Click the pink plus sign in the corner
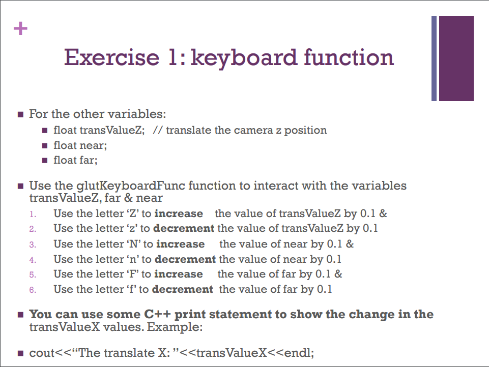(20, 28)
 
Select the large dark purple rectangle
(456, 58)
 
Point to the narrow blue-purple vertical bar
(434, 58)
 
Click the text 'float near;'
(80, 145)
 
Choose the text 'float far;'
(76, 161)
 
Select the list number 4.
(32, 260)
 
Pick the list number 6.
(32, 290)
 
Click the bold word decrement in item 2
(185, 229)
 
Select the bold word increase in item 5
(179, 274)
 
